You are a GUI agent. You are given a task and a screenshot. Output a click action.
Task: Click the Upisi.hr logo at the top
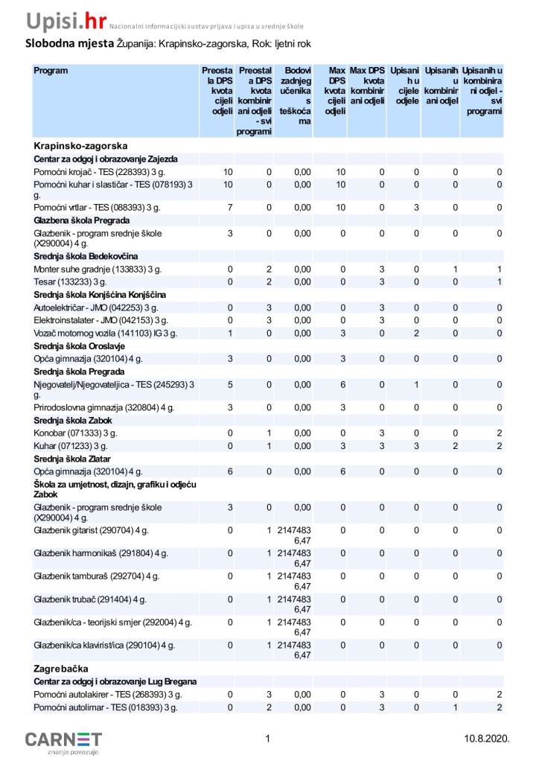[66, 19]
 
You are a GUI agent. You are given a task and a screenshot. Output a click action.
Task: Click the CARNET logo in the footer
[63, 740]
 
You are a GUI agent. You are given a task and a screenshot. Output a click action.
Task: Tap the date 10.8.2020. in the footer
[486, 739]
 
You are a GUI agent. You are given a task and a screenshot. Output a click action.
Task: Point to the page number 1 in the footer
[267, 739]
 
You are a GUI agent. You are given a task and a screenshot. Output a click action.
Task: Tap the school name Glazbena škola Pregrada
[82, 221]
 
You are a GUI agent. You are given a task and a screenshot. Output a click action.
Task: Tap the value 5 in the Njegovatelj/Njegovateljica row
[229, 385]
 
